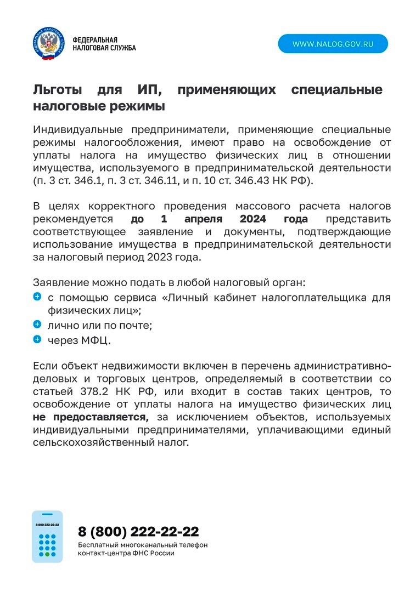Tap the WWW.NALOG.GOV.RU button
coord(333,44)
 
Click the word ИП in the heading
coord(148,89)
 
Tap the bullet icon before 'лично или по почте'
coord(37,325)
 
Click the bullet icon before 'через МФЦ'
coord(37,339)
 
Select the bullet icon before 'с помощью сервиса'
coord(37,297)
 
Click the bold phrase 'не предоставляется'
coord(91,418)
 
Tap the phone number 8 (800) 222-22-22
coord(138,531)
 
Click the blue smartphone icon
coord(47,536)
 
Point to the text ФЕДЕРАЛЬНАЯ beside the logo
coord(95,40)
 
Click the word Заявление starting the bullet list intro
coord(60,283)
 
